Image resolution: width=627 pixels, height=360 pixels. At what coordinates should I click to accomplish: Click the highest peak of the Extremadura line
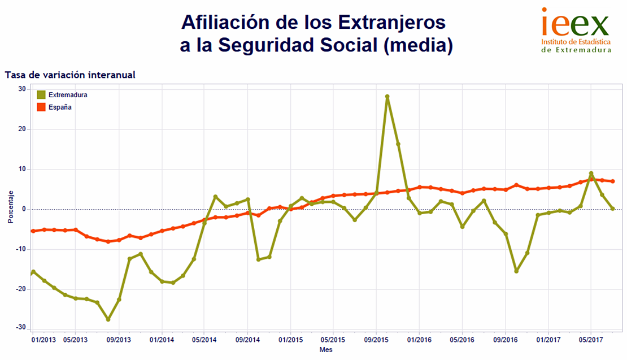[x=387, y=97]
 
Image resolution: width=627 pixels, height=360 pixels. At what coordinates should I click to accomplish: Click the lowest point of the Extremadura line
[x=108, y=319]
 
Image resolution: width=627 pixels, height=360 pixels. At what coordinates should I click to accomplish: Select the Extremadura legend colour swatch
[x=41, y=95]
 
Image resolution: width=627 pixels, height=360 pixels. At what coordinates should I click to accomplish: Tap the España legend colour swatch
[x=41, y=107]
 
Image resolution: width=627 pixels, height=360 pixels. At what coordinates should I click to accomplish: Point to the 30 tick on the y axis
[x=22, y=89]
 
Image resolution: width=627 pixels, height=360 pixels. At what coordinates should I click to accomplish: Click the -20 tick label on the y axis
[x=21, y=289]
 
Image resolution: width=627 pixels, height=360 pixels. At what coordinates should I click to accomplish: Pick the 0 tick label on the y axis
[x=24, y=209]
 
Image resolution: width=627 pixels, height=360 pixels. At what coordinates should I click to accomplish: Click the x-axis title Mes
[x=326, y=350]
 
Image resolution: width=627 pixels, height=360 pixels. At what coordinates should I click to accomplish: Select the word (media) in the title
[x=418, y=45]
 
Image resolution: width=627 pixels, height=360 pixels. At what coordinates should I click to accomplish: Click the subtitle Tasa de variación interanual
[x=71, y=75]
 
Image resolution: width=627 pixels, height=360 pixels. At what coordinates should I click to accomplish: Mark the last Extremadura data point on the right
[x=612, y=209]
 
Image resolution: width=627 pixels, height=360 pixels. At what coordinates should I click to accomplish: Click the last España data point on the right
[x=612, y=181]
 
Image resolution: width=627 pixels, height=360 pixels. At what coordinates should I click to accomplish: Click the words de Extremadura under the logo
[x=576, y=50]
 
